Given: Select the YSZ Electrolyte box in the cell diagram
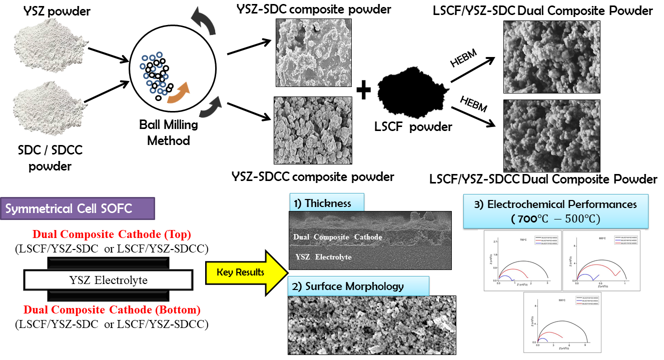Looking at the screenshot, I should coord(109,280).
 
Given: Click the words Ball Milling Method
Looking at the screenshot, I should coord(169,132).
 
